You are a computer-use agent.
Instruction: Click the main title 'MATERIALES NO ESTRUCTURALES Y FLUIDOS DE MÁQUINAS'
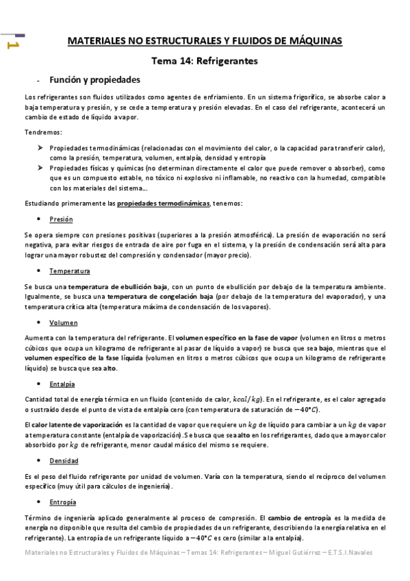tap(205, 42)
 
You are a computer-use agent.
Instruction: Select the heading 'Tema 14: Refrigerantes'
tap(204, 61)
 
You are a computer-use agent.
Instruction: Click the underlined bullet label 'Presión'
tap(61, 219)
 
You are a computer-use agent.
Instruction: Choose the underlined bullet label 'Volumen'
tap(64, 322)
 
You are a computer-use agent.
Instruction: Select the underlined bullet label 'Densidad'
tap(64, 460)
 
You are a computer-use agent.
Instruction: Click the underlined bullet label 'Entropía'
tap(63, 502)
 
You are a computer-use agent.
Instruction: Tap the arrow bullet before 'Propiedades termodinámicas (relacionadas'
tap(40, 148)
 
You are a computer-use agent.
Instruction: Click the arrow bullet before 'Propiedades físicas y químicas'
tap(40, 168)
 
